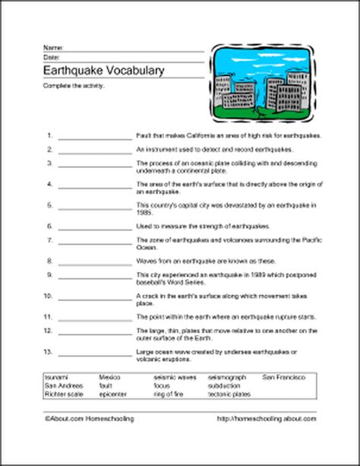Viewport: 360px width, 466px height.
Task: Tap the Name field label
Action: pyautogui.click(x=52, y=48)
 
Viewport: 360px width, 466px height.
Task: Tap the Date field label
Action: pyautogui.click(x=51, y=56)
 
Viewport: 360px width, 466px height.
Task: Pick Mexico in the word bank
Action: pyautogui.click(x=109, y=377)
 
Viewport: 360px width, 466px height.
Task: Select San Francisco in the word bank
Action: pyautogui.click(x=283, y=377)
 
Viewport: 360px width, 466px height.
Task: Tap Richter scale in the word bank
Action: pyautogui.click(x=62, y=394)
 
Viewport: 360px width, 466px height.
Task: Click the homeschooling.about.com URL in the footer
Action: pyautogui.click(x=266, y=418)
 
